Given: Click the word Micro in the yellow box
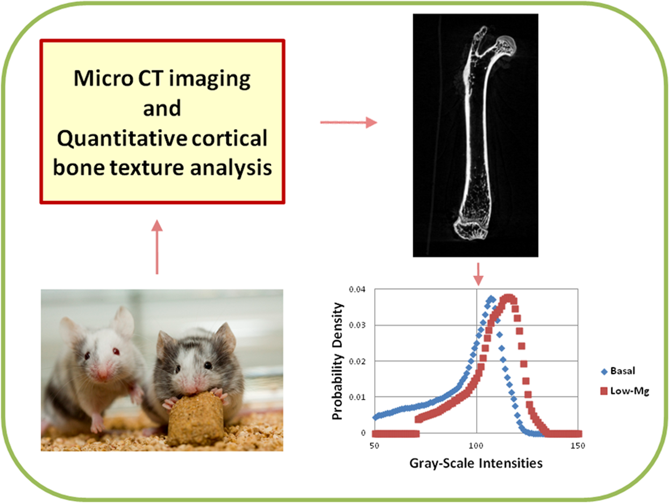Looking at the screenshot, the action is point(103,78).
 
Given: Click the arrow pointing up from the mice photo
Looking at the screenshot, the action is point(157,247).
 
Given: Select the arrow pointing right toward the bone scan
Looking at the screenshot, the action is point(349,122).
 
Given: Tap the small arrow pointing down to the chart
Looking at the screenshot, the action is point(478,274).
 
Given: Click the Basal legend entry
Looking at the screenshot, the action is point(618,371).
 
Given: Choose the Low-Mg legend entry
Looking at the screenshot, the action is point(625,391).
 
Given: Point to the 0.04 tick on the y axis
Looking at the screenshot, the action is point(357,289).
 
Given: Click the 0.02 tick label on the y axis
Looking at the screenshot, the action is point(357,361).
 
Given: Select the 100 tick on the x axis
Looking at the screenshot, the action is point(476,446).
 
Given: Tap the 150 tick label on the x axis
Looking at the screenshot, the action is point(578,446).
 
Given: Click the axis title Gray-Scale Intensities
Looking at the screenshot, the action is point(476,464).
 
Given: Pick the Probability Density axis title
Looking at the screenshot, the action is point(337,361).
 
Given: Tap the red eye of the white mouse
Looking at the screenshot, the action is point(116,352).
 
